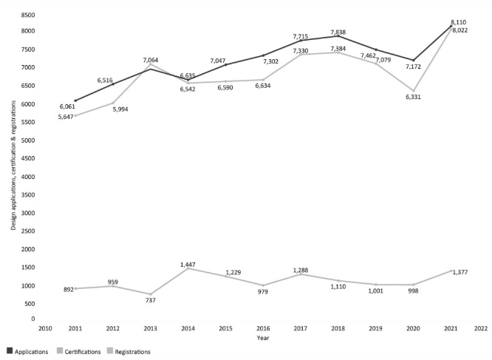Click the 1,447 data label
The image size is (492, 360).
tap(188, 263)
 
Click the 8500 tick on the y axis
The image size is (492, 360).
tap(27, 15)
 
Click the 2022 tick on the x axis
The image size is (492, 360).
tap(481, 327)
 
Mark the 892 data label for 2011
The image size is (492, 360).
tap(67, 290)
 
